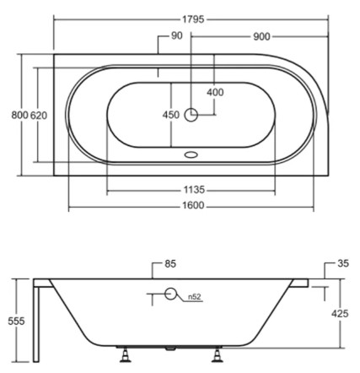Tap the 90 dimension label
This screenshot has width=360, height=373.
point(176,35)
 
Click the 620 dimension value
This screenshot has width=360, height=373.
point(39,115)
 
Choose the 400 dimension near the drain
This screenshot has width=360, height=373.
point(215,91)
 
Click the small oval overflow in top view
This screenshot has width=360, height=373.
point(192,155)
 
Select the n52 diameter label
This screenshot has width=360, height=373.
point(193,296)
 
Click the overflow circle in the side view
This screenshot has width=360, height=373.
point(171,295)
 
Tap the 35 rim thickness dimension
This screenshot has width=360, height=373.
point(342,264)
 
